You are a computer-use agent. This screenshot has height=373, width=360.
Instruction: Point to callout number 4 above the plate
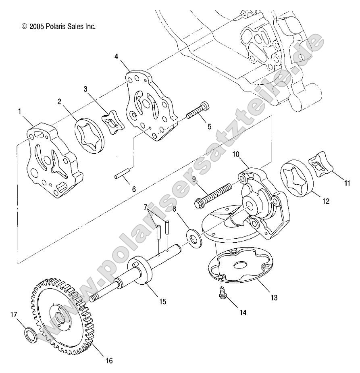[x=116, y=57]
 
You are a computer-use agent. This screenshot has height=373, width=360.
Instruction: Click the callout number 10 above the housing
[x=235, y=154]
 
